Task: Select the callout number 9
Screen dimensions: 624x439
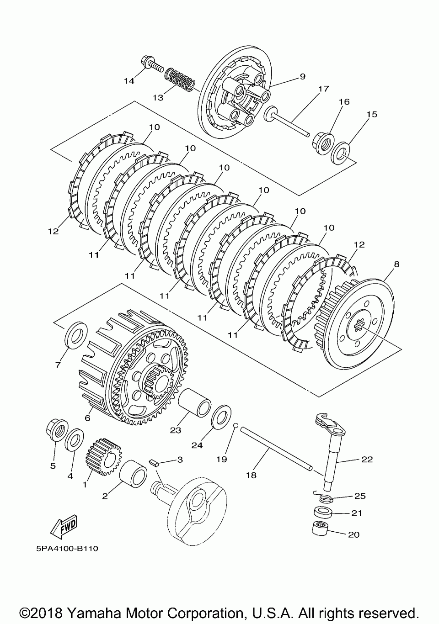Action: pos(302,76)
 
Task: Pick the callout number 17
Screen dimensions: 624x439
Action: pos(323,89)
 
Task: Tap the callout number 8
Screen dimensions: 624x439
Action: pos(396,264)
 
